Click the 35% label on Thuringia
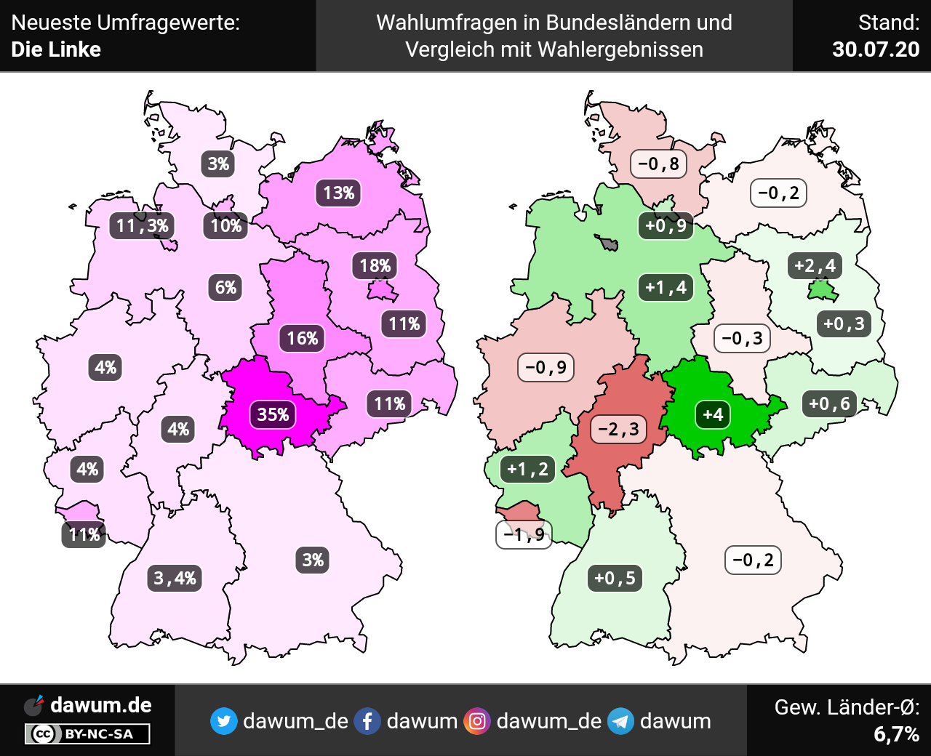pyautogui.click(x=273, y=414)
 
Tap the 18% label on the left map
pyautogui.click(x=375, y=266)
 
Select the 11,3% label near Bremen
pyautogui.click(x=143, y=226)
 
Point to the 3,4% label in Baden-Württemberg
pyautogui.click(x=175, y=579)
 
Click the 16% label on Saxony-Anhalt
pyautogui.click(x=303, y=338)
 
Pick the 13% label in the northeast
pyautogui.click(x=339, y=193)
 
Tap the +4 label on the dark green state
pyautogui.click(x=713, y=414)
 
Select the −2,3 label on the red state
pyautogui.click(x=618, y=429)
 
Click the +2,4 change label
pyautogui.click(x=815, y=265)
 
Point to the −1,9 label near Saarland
pyautogui.click(x=524, y=535)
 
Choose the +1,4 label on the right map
pyautogui.click(x=666, y=287)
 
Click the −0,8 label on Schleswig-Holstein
pyautogui.click(x=658, y=164)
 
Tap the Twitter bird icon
pyautogui.click(x=223, y=721)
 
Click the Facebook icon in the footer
pyautogui.click(x=367, y=721)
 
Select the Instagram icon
pyautogui.click(x=477, y=721)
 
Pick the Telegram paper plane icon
pyautogui.click(x=620, y=721)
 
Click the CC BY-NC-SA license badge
pyautogui.click(x=87, y=734)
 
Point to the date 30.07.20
pyautogui.click(x=876, y=49)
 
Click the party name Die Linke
pyautogui.click(x=56, y=49)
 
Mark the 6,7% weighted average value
pyautogui.click(x=896, y=734)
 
